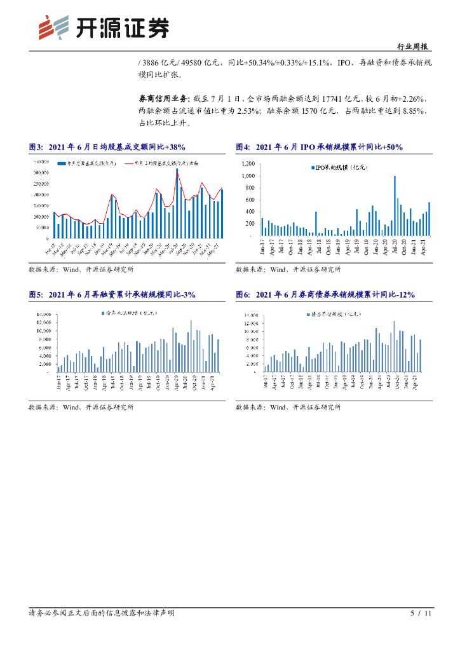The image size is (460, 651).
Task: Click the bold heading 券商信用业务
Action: [x=163, y=99]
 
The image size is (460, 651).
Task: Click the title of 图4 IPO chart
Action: [x=319, y=147]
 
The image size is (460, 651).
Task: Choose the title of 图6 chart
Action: [x=325, y=295]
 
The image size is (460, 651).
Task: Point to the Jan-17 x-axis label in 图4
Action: [x=262, y=245]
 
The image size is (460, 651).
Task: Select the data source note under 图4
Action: [x=288, y=270]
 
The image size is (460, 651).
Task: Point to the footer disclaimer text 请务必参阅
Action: [x=102, y=613]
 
